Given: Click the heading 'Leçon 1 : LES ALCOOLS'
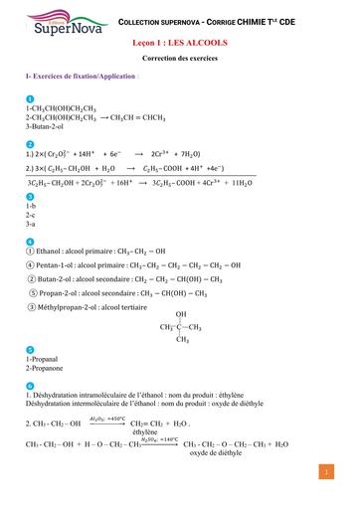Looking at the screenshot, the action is coord(179,45).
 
